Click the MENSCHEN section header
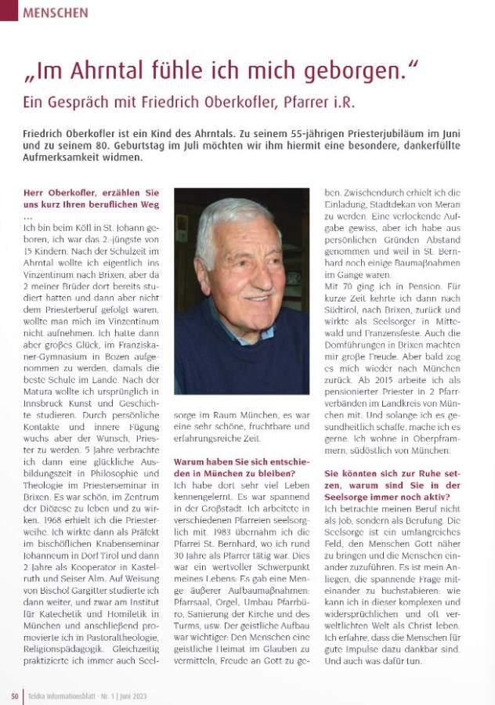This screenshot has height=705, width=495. point(56,13)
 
